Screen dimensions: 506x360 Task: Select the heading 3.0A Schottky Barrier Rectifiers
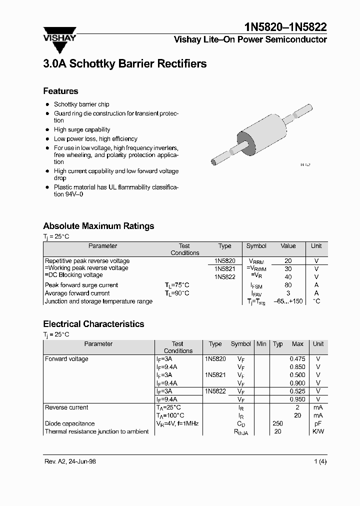pyautogui.click(x=124, y=64)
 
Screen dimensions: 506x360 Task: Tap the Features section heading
pyautogui.click(x=60, y=91)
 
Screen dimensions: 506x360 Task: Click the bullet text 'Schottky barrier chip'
pyautogui.click(x=81, y=104)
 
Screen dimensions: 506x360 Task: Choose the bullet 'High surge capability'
pyautogui.click(x=82, y=129)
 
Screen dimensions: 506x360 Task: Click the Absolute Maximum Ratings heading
pyautogui.click(x=98, y=226)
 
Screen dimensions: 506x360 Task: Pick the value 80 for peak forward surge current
pyautogui.click(x=288, y=285)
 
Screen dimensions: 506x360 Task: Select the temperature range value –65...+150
pyautogui.click(x=288, y=301)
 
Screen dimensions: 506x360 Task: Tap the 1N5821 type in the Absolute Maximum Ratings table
pyautogui.click(x=224, y=268)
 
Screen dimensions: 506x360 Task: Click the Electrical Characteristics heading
pyautogui.click(x=93, y=324)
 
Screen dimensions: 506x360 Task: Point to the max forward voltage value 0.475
pyautogui.click(x=297, y=359)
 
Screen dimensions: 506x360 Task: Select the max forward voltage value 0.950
pyautogui.click(x=297, y=399)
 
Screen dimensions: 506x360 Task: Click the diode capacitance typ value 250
pyautogui.click(x=278, y=423)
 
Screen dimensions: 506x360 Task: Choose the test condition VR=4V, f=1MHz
pyautogui.click(x=177, y=423)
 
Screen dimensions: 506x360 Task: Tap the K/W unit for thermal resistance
pyautogui.click(x=318, y=431)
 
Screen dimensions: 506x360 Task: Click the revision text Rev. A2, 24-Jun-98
pyautogui.click(x=70, y=461)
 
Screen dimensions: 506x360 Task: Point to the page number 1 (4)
pyautogui.click(x=320, y=461)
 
